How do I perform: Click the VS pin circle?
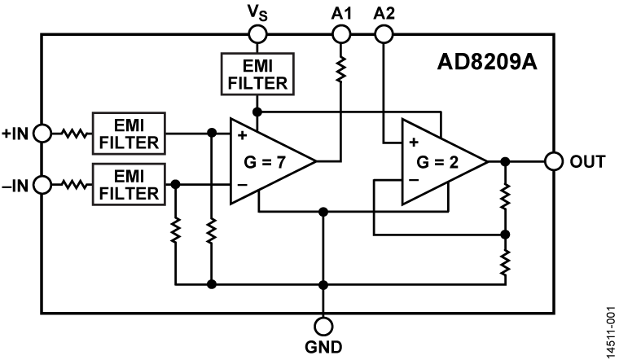(x=257, y=34)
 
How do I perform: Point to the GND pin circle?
(x=323, y=326)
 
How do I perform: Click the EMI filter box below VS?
(x=257, y=72)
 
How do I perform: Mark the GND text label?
(x=323, y=346)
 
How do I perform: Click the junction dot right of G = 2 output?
(x=505, y=161)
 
